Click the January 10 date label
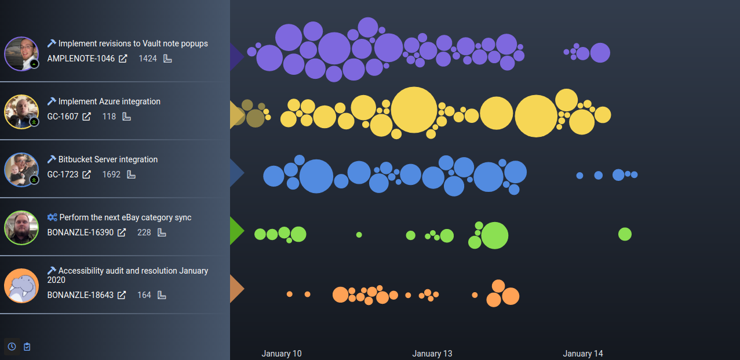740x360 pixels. [282, 354]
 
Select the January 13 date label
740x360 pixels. [432, 354]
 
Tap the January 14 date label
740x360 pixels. [583, 354]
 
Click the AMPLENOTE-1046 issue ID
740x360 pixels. [81, 59]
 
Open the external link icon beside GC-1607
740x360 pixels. [86, 117]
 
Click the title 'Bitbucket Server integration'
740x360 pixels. [108, 159]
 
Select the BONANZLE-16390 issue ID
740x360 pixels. [81, 232]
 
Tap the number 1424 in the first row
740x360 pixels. [148, 59]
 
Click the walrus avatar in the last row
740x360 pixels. [21, 286]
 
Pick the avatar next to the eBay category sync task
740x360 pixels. [21, 228]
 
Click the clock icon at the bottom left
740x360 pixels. [12, 347]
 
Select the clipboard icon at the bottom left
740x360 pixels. [27, 347]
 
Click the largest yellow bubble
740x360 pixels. [414, 110]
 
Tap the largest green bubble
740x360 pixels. [494, 235]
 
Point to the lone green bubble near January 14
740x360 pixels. [625, 234]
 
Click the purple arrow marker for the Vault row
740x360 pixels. [236, 56]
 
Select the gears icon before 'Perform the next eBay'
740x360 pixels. [52, 217]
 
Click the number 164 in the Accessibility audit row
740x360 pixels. [144, 295]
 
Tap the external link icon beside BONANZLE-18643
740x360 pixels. [122, 295]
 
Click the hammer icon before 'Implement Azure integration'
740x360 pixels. [52, 101]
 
